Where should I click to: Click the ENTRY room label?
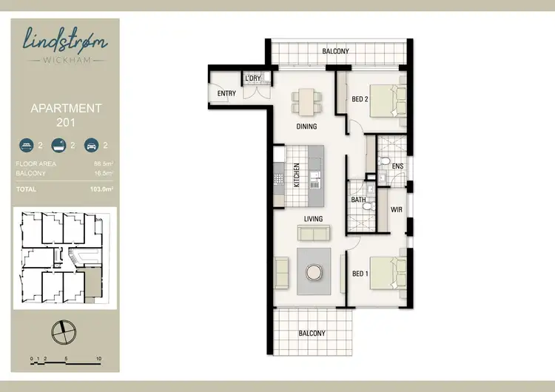tap(226, 94)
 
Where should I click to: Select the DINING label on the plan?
tap(306, 126)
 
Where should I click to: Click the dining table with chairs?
tap(306, 101)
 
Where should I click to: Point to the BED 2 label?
tap(360, 99)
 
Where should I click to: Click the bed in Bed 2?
tap(388, 100)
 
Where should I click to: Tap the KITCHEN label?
tap(296, 175)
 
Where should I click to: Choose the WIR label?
tap(396, 209)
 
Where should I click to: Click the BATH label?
tap(357, 200)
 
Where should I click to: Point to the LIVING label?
tap(316, 219)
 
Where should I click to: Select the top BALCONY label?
tap(335, 51)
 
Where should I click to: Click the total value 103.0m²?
tap(91, 190)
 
